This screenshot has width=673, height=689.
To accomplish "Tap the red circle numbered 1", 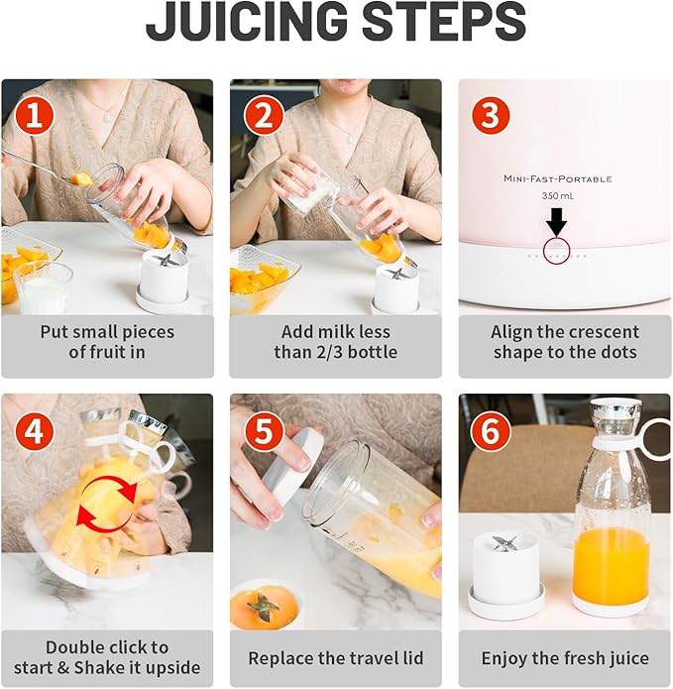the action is [x=35, y=116].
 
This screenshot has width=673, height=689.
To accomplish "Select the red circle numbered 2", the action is [x=263, y=116].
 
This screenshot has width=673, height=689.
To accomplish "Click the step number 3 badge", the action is [x=492, y=115].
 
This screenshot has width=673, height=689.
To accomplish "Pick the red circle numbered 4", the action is [x=35, y=431].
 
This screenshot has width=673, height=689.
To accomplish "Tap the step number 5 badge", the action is [x=263, y=431].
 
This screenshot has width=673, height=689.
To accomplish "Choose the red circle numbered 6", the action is [x=491, y=431].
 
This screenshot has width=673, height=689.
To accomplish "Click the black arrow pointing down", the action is [x=557, y=221].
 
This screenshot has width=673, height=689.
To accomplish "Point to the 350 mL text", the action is [x=557, y=196].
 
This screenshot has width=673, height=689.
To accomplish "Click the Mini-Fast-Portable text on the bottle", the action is [x=557, y=178].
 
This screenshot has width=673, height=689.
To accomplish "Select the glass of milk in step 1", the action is [x=43, y=287].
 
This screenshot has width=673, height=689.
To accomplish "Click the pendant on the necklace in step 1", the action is [x=107, y=117].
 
